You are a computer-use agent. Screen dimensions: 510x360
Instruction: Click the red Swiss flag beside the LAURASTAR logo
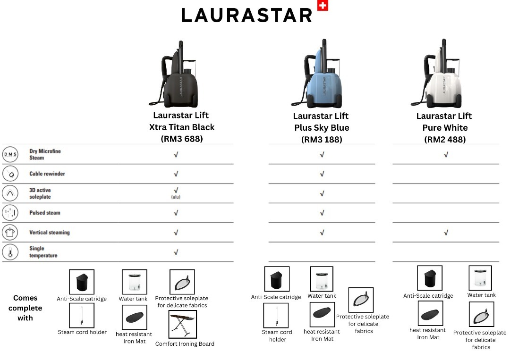point(323,6)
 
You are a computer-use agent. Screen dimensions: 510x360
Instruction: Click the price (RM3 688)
point(182,139)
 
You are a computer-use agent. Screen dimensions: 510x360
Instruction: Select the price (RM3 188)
point(322,139)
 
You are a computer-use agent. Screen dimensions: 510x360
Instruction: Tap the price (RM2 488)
point(445,139)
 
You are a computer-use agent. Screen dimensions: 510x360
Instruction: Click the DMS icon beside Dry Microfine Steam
point(10,154)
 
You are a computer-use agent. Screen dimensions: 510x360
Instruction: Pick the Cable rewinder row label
point(47,174)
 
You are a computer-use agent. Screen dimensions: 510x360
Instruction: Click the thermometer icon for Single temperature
point(10,252)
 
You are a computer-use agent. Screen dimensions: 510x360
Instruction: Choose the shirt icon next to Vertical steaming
point(10,232)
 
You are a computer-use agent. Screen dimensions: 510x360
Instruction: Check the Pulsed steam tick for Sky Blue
point(322,213)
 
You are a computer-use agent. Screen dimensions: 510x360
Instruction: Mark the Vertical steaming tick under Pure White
point(446,233)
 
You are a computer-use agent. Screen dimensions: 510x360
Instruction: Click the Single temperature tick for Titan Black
point(176,252)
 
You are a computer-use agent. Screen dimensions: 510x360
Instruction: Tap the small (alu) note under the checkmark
point(176,197)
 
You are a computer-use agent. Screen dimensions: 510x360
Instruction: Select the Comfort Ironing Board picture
point(182,324)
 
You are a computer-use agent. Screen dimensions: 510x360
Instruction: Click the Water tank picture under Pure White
point(480,278)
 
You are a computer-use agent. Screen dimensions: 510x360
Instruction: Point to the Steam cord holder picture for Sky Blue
point(276,315)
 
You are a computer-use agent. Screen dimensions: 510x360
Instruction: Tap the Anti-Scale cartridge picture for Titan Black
point(82,282)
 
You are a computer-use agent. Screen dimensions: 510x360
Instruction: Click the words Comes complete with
point(25,308)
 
